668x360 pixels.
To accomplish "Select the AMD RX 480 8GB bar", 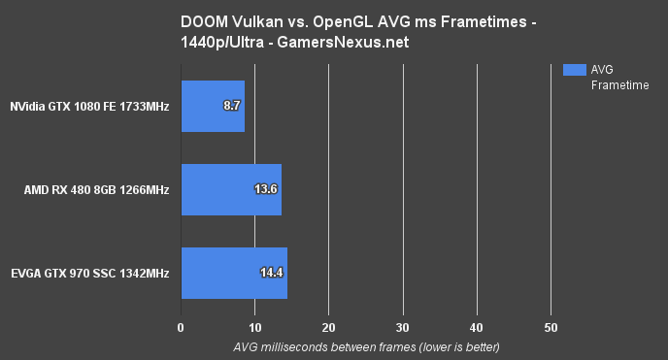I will [231, 189].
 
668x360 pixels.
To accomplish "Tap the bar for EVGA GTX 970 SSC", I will [234, 274].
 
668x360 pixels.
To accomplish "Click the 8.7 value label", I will [232, 105].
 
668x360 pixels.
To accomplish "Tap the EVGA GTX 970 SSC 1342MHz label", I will [91, 274].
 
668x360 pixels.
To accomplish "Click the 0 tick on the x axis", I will [181, 327].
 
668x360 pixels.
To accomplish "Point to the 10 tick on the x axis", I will [254, 327].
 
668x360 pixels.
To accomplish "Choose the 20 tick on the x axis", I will [328, 327].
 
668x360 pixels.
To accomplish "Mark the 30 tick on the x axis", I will [402, 327].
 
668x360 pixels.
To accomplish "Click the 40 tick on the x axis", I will [476, 327].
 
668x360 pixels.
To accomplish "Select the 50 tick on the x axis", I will [550, 327].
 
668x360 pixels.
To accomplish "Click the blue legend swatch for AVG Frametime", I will [574, 69].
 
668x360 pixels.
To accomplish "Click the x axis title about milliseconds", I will [365, 347].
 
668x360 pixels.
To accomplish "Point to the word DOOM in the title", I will [201, 20].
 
